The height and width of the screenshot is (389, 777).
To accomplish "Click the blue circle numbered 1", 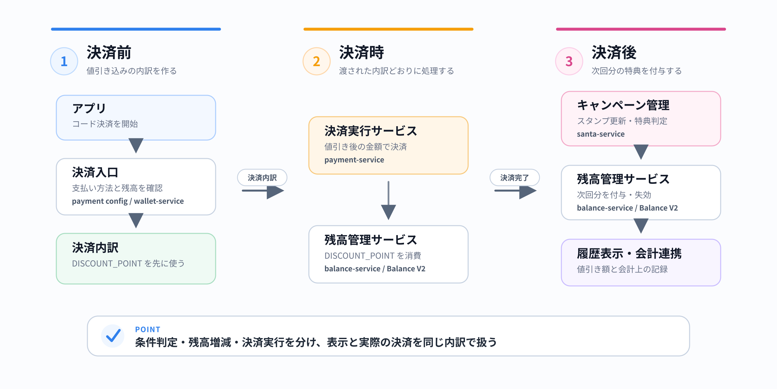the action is (x=64, y=61).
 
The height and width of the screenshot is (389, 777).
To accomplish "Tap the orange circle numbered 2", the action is (x=317, y=61).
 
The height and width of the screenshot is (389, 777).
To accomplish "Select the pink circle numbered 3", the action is (x=569, y=61).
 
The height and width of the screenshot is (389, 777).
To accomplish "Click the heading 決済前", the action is (x=109, y=53).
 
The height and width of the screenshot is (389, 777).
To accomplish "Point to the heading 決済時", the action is (x=361, y=53).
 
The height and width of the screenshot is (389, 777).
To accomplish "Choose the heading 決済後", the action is (x=614, y=53).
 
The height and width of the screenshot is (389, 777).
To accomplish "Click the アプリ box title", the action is (x=89, y=108).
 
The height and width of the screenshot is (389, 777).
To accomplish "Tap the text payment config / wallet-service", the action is (x=128, y=201).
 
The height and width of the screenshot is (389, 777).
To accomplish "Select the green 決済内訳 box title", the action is (x=95, y=248).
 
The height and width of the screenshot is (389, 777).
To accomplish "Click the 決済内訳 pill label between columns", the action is (x=262, y=178).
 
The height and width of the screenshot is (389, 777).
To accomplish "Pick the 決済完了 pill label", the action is (x=514, y=178).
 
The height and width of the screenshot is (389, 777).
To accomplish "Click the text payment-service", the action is (x=354, y=160).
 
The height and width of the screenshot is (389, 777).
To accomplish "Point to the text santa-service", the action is (x=601, y=134).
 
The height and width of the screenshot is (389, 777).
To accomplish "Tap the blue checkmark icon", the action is (x=113, y=336).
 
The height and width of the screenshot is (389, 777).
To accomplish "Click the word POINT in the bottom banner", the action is (x=148, y=329).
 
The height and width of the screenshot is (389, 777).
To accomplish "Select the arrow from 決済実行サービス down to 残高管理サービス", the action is (x=388, y=200).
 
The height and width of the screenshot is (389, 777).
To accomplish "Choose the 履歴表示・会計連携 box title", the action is (x=629, y=253).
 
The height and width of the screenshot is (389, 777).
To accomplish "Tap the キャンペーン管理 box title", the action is (x=623, y=105).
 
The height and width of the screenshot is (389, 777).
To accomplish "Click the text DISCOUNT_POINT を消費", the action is (x=373, y=256).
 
